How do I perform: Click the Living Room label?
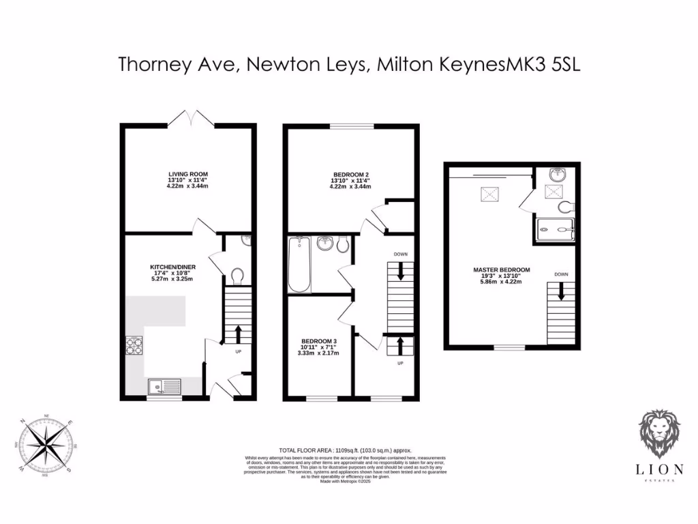point(183,175)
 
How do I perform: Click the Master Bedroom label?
point(501,270)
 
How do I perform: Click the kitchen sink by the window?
point(164,387)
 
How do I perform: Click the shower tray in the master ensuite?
point(555,230)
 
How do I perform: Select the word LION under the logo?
point(658,470)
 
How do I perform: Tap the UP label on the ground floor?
point(238,353)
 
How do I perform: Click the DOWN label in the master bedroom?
point(561,274)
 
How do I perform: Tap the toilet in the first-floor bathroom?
point(342,244)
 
